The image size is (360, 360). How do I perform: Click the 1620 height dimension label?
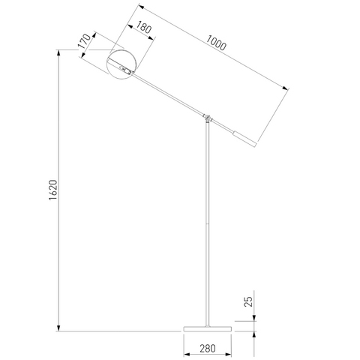pos(53,190)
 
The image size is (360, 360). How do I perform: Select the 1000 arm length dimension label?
pos(216,43)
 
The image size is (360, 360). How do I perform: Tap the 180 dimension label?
pos(143,27)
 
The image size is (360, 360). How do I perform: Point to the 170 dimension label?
pos(84,41)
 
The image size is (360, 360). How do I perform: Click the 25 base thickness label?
pos(248,301)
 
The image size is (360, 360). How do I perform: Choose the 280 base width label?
pos(208,348)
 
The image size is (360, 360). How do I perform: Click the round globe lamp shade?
pos(121,64)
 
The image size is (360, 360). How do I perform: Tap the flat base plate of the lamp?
pos(208,328)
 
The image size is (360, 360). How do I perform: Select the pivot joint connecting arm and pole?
pos(207,117)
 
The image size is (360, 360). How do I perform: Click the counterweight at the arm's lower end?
pos(244,139)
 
